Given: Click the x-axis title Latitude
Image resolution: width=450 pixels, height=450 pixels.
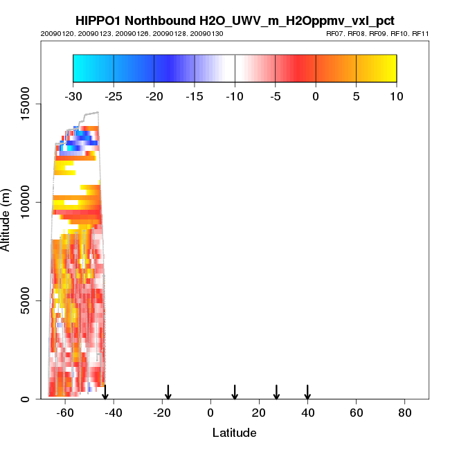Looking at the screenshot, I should point(234,433).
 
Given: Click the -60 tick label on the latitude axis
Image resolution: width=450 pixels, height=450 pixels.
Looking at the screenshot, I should point(64,412).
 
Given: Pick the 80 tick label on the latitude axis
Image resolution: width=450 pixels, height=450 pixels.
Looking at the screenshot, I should point(405,412).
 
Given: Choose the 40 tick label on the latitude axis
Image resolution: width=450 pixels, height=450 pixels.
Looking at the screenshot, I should point(307,412).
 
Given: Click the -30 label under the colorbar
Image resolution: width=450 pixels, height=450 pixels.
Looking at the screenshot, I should point(73,96).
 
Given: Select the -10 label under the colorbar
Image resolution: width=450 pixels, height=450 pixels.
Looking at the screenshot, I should point(235,96).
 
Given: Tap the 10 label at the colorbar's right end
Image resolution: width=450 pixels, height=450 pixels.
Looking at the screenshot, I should point(397,96).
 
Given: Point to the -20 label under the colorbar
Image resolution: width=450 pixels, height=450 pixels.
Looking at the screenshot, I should point(154,96).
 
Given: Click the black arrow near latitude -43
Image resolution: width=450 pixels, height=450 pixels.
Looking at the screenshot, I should point(105,392).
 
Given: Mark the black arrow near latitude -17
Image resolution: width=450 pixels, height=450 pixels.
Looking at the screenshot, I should point(168,392).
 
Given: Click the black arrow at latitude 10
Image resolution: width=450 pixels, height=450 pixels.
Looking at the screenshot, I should point(235,392).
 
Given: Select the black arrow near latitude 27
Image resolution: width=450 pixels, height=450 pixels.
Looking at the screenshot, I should point(276,392).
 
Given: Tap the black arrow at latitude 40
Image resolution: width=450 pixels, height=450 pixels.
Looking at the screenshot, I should point(307,392).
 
